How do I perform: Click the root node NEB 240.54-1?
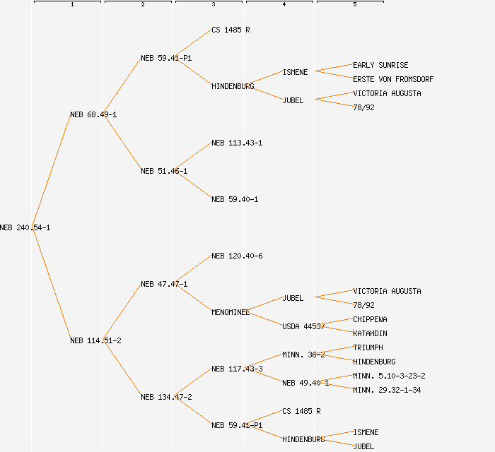click(25, 227)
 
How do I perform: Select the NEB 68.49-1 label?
click(93, 114)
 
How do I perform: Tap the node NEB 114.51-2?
click(95, 340)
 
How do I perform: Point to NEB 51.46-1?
click(164, 171)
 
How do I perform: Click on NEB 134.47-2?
click(166, 397)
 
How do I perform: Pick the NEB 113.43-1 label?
click(237, 143)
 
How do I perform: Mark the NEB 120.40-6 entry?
click(237, 256)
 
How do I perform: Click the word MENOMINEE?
click(231, 312)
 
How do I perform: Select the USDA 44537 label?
click(303, 326)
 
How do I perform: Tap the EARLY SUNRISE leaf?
click(380, 65)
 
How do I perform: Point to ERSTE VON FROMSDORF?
click(393, 79)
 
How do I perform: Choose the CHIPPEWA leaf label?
click(370, 319)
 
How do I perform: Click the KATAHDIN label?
click(370, 333)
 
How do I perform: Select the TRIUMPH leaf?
click(368, 347)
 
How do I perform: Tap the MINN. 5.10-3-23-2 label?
click(389, 376)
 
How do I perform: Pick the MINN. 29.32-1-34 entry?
click(387, 390)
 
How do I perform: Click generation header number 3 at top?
click(213, 5)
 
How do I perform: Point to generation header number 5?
click(354, 5)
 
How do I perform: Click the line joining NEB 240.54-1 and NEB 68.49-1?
click(51, 171)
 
